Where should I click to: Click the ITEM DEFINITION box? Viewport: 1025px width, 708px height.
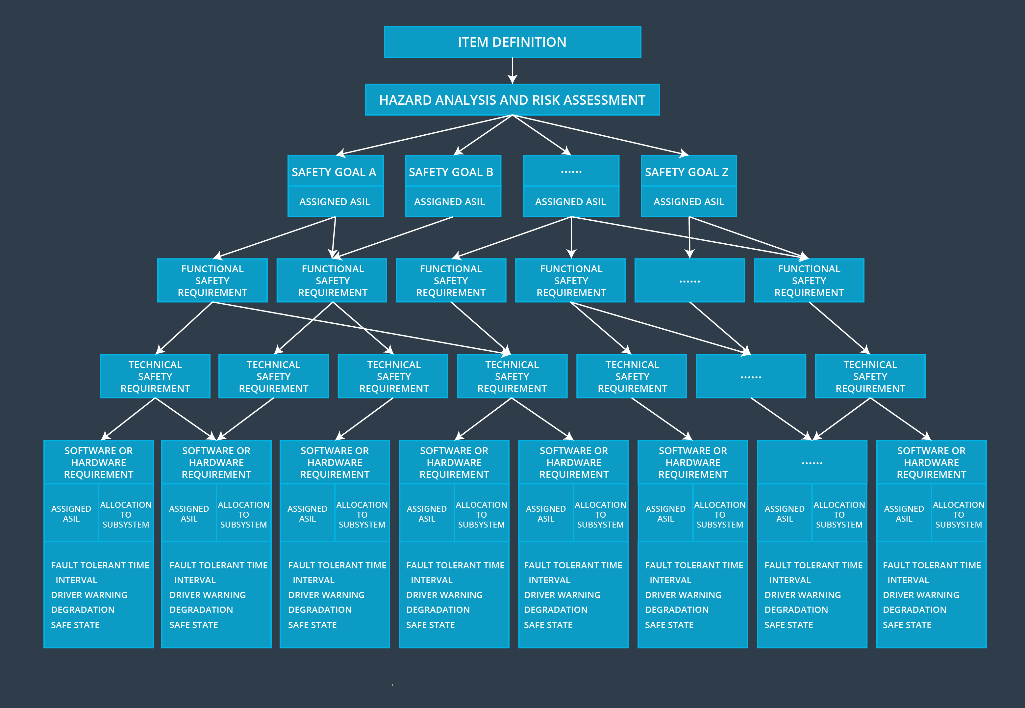point(512,42)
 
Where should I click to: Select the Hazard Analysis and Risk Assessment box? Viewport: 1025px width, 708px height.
point(512,100)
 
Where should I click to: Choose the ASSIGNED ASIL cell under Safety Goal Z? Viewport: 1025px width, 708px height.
point(688,202)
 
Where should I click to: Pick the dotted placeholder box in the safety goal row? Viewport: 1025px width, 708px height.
point(571,171)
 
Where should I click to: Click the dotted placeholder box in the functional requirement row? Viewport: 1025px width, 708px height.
point(689,281)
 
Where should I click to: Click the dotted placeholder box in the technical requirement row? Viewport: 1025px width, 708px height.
point(751,377)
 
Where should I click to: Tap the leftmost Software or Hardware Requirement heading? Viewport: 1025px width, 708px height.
point(98,462)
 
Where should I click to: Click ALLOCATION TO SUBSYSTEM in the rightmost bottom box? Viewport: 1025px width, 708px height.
point(959,515)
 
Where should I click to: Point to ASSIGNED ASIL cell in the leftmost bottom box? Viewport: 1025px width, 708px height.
point(71,514)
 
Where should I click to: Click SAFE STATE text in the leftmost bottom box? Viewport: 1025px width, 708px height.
point(75,625)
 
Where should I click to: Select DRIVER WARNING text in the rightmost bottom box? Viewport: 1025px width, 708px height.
point(921,595)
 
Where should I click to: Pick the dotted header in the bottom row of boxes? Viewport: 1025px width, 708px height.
point(812,463)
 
